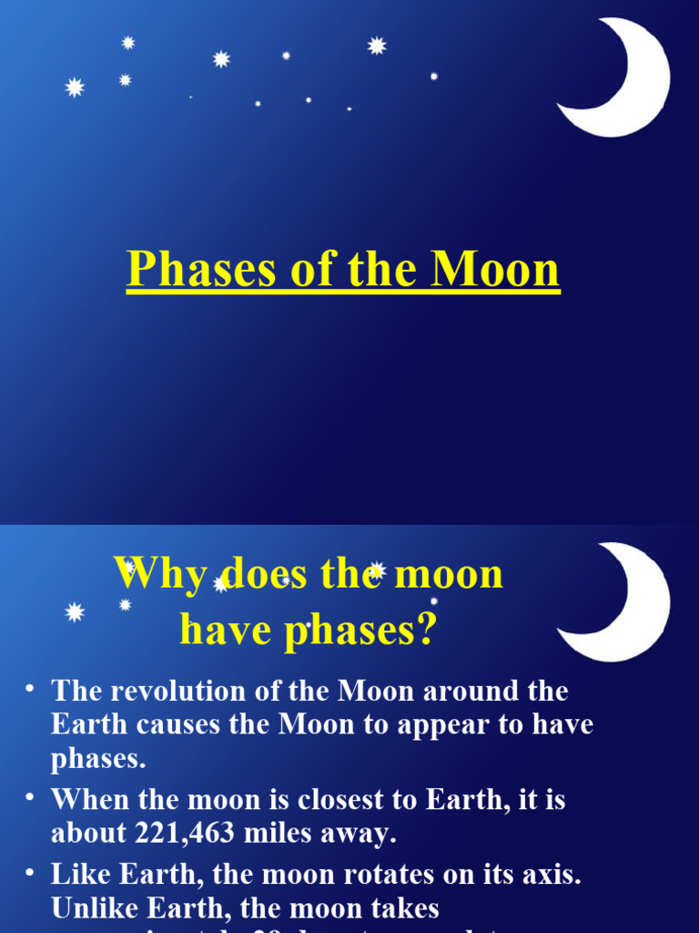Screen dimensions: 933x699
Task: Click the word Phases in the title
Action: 203,271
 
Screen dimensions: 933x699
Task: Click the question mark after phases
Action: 426,630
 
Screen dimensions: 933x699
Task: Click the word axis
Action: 552,875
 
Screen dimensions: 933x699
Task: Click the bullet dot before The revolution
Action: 30,689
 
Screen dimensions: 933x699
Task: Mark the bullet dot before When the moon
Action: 30,798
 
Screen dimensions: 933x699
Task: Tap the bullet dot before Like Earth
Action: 30,872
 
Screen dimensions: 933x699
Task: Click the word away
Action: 363,834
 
